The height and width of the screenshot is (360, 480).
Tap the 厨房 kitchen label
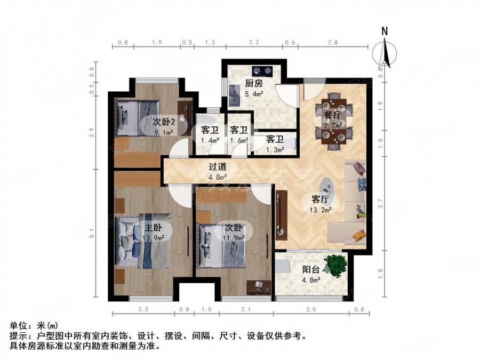coord(254,84)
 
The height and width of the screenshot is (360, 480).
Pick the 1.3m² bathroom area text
coord(274,150)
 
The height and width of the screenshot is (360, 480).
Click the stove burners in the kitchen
coord(262,70)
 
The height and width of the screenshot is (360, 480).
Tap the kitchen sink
coord(233,97)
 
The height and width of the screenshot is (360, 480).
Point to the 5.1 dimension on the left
coord(92,234)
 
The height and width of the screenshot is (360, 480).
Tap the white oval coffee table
coord(327,187)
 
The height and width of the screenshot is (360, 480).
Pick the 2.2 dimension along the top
coord(254,42)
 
